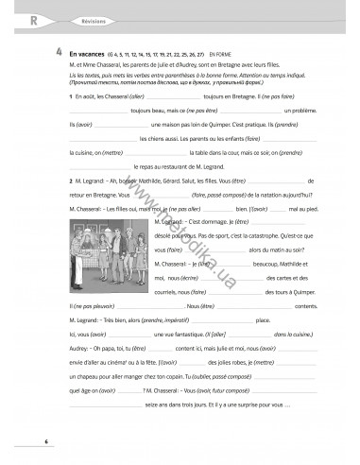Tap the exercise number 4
60,54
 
